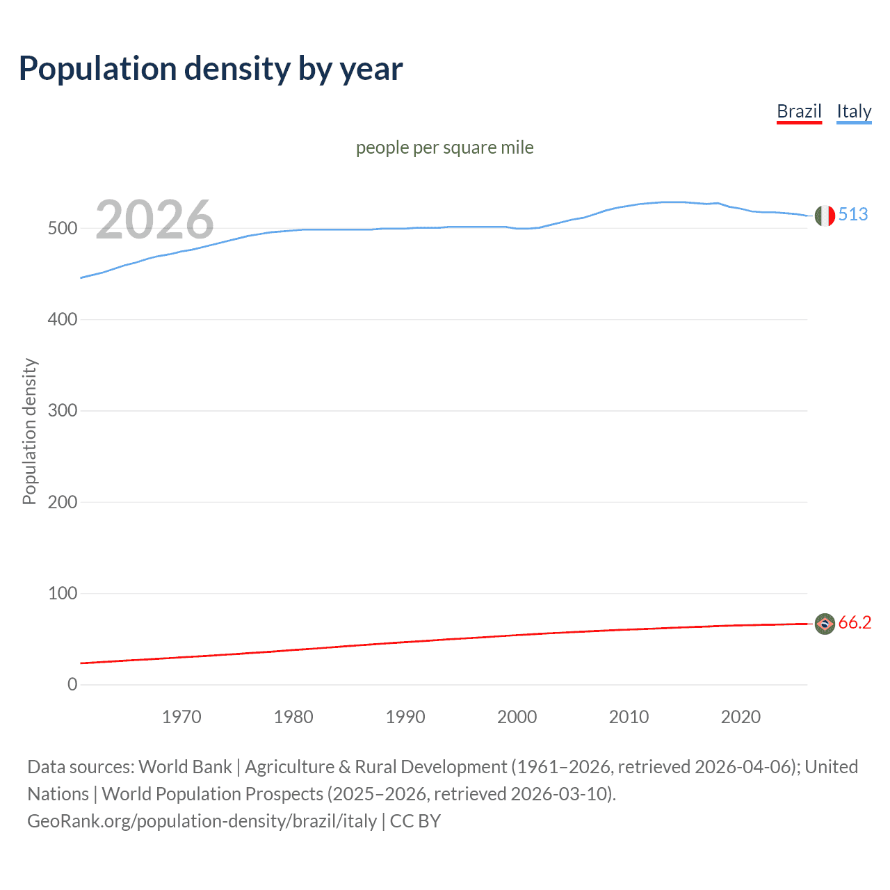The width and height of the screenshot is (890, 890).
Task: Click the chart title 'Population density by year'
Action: tap(211, 69)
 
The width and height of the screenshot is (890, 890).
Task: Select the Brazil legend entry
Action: tap(799, 111)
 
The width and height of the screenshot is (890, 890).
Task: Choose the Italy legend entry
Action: tap(854, 111)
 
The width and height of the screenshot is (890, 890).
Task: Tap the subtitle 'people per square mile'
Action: tap(444, 147)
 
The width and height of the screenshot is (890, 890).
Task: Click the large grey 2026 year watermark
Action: tap(154, 220)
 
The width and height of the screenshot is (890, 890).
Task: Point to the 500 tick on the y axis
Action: tap(63, 229)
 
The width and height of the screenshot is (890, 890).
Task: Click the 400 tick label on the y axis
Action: tap(63, 320)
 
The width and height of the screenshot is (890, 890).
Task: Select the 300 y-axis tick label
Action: tap(63, 411)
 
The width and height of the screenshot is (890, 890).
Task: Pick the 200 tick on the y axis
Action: tap(63, 502)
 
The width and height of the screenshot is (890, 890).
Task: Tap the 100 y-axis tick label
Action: tap(63, 593)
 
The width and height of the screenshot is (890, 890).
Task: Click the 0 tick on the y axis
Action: tap(72, 684)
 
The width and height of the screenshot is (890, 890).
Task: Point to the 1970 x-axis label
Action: tap(181, 717)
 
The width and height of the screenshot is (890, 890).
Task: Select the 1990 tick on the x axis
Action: tap(405, 717)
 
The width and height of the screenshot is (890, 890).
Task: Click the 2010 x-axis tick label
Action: tap(629, 717)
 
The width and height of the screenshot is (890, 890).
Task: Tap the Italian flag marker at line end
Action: tap(825, 216)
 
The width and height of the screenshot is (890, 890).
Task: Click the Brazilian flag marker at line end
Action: tap(825, 624)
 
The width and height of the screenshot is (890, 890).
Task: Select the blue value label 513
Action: tap(853, 214)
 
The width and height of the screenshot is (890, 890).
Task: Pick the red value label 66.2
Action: tap(855, 622)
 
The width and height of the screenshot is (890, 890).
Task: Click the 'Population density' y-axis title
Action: tap(29, 431)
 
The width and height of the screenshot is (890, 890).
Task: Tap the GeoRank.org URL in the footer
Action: tap(202, 821)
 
